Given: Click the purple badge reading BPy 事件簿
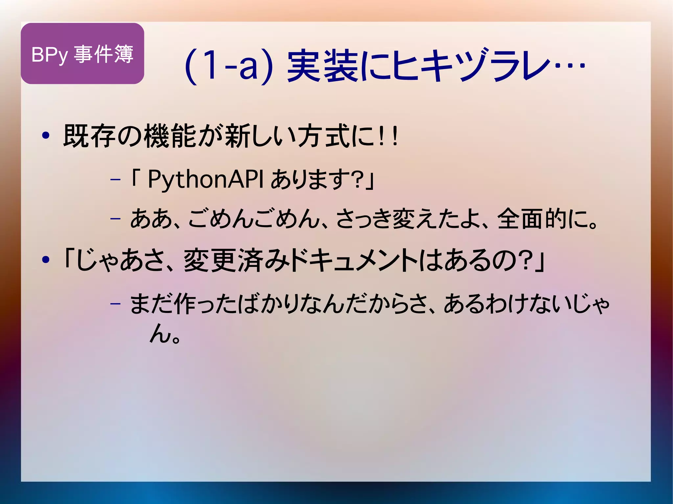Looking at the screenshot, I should pos(82,54).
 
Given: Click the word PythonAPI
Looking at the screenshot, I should pos(205,179).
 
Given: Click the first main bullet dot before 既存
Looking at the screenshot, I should pos(46,136).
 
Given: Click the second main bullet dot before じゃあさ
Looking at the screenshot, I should pos(46,260).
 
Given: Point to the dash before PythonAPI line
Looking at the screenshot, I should pos(115,180).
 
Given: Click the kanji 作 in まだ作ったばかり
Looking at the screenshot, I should pos(185,304).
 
